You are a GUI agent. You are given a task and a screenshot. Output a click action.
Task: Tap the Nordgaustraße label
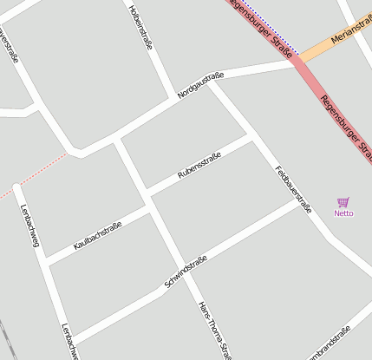200,84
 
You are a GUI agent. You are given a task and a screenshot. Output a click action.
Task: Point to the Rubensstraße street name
199,166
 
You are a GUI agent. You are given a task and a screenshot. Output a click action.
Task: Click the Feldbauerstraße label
293,189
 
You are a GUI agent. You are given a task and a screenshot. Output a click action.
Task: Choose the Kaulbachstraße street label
98,236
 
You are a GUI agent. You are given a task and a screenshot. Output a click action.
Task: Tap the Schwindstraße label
186,272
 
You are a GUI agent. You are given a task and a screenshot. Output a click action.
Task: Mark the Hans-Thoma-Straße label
214,330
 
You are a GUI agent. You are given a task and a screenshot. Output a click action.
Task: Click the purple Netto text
343,213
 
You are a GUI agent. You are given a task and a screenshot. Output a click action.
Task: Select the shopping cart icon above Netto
343,202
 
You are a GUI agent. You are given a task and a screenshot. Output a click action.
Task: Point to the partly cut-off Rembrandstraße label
330,345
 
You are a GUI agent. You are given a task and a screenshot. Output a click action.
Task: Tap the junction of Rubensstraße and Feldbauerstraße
253,136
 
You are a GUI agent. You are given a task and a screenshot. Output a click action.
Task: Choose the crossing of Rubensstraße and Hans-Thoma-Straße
147,190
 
